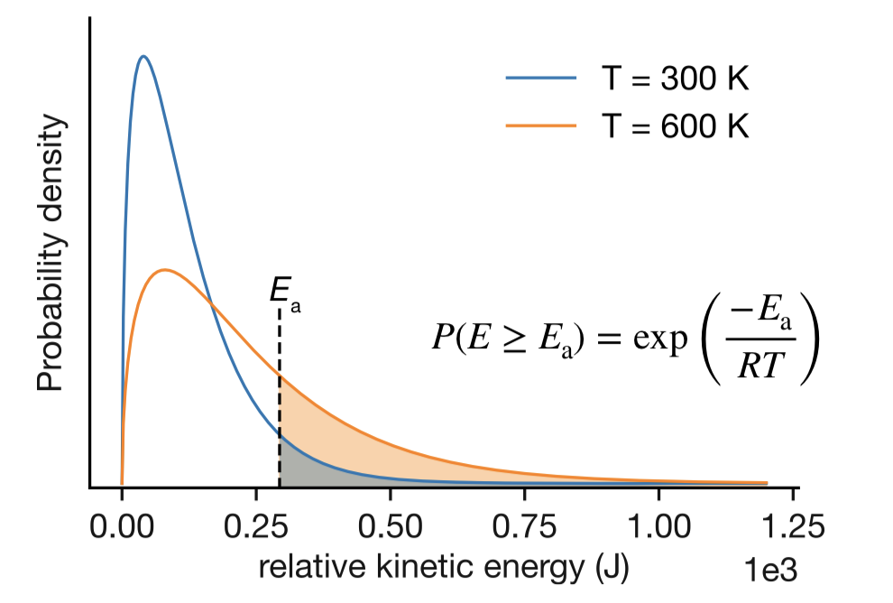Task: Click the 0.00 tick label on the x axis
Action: (x=122, y=525)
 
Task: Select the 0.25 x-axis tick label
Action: (x=256, y=525)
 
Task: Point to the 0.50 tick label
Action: (x=390, y=525)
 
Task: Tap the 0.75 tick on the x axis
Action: (x=524, y=525)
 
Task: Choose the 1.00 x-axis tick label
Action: (x=658, y=525)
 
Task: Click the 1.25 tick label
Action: (x=792, y=525)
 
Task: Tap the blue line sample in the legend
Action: (x=540, y=79)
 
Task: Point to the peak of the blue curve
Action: (x=143, y=56)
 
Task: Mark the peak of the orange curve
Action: (x=163, y=270)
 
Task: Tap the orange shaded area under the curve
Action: (x=361, y=433)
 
